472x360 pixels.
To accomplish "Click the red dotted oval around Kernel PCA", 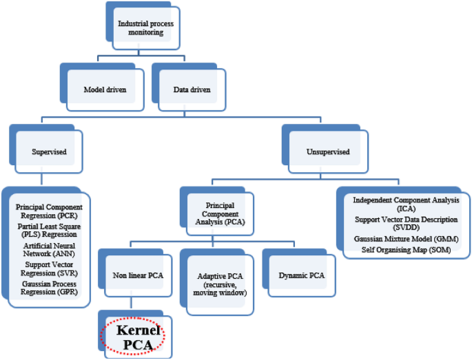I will (134, 337).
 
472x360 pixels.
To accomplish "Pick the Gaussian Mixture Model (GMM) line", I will (405, 238).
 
